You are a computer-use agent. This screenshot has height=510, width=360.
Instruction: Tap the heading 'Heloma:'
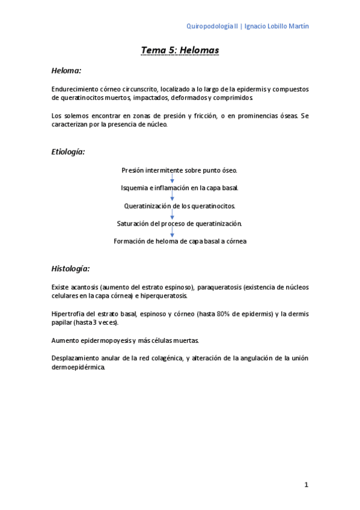tap(66, 70)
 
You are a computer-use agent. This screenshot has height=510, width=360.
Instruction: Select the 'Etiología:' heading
tap(69, 152)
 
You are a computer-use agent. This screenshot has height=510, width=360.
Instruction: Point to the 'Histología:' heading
tap(71, 268)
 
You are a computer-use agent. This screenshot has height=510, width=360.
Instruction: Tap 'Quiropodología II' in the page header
tap(213, 26)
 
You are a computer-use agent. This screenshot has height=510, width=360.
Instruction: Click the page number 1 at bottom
tap(306, 485)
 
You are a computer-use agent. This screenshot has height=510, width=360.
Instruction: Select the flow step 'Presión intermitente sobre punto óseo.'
tap(180, 170)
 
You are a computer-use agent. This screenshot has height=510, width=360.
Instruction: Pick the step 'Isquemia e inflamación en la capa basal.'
tap(180, 188)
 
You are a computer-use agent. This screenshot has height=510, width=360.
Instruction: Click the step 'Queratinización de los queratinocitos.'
tap(180, 206)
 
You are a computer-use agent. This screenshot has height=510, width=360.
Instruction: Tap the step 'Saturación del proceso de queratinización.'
tap(180, 223)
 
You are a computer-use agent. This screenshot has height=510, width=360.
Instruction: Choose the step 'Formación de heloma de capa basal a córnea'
tap(180, 241)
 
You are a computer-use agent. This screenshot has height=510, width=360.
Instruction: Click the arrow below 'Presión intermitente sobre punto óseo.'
tap(172, 179)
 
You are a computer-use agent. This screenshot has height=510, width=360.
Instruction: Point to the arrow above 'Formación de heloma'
tap(172, 232)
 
